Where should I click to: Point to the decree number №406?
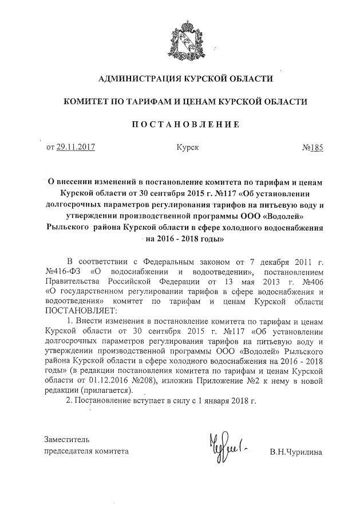[x=310, y=281]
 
